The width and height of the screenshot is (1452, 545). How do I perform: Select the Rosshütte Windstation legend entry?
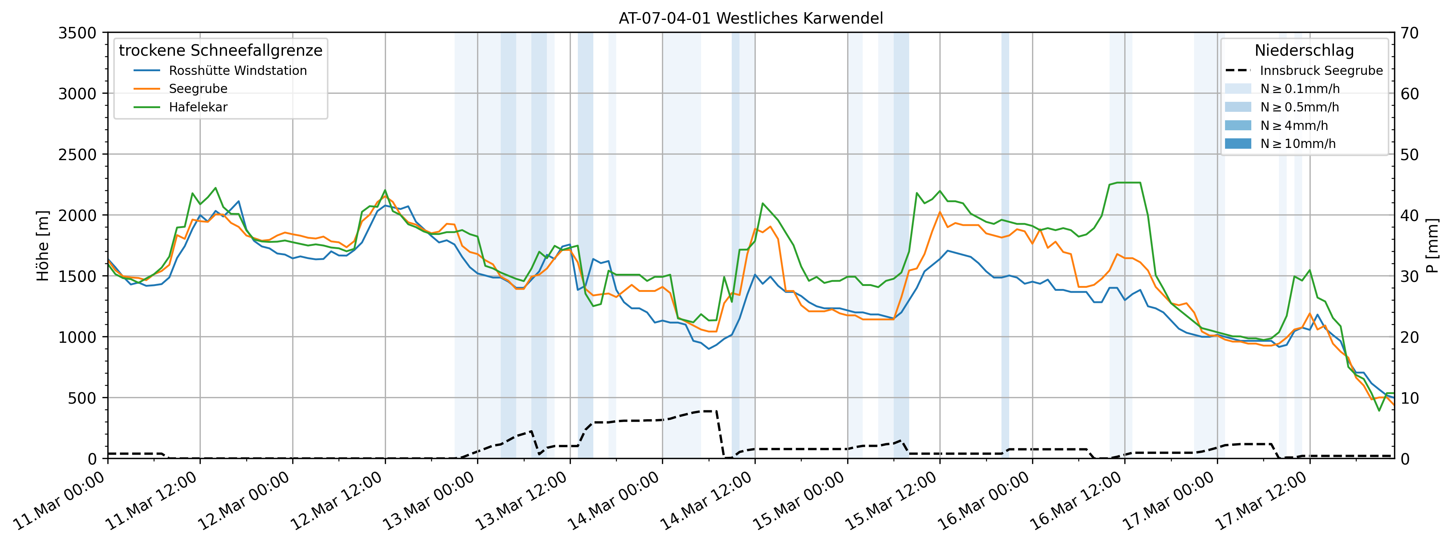pos(237,70)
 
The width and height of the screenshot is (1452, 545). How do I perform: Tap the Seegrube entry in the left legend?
pos(198,89)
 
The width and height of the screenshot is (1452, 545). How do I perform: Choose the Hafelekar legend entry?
pos(198,107)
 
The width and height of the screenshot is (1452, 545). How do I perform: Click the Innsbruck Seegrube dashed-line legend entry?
pos(1321,70)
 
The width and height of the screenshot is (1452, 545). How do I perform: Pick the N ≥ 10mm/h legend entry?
pos(1297,144)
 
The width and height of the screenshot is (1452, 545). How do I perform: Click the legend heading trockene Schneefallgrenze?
pos(220,51)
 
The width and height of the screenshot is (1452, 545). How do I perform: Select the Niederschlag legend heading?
pos(1304,51)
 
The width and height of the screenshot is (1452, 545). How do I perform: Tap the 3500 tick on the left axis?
pos(77,33)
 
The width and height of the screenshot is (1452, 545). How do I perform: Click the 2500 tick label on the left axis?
pos(77,155)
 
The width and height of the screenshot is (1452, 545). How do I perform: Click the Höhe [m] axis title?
pos(43,246)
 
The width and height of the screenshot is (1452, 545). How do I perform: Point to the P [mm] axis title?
pos(1432,246)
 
